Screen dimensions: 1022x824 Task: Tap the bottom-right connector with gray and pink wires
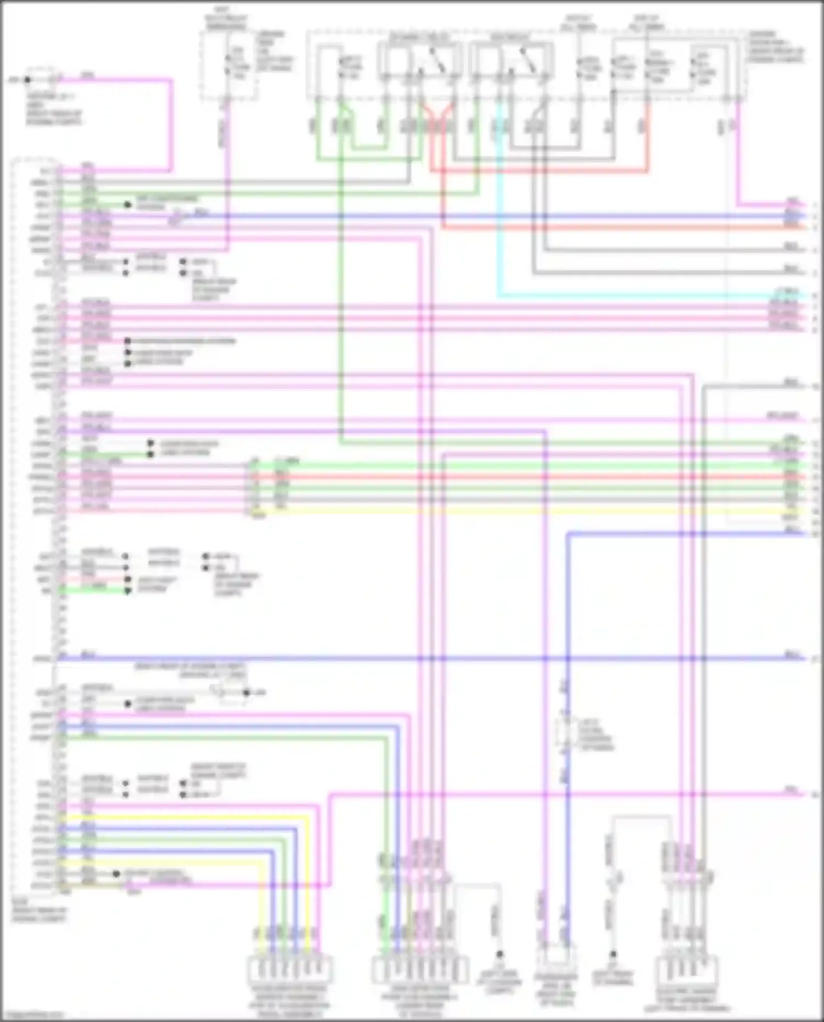[x=687, y=971]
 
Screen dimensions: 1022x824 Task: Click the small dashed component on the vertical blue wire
[x=566, y=734]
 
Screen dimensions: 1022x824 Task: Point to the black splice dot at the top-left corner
[x=27, y=80]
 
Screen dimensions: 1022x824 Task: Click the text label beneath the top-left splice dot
[x=53, y=109]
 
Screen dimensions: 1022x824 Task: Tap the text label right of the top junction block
[x=775, y=47]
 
